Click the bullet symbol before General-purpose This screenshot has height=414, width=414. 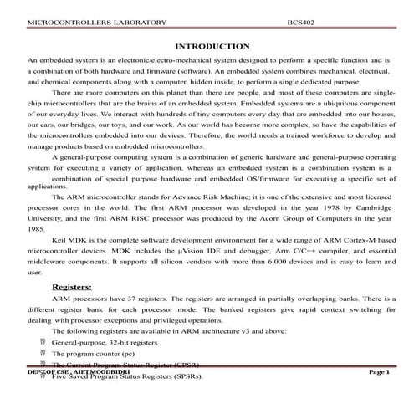43,343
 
